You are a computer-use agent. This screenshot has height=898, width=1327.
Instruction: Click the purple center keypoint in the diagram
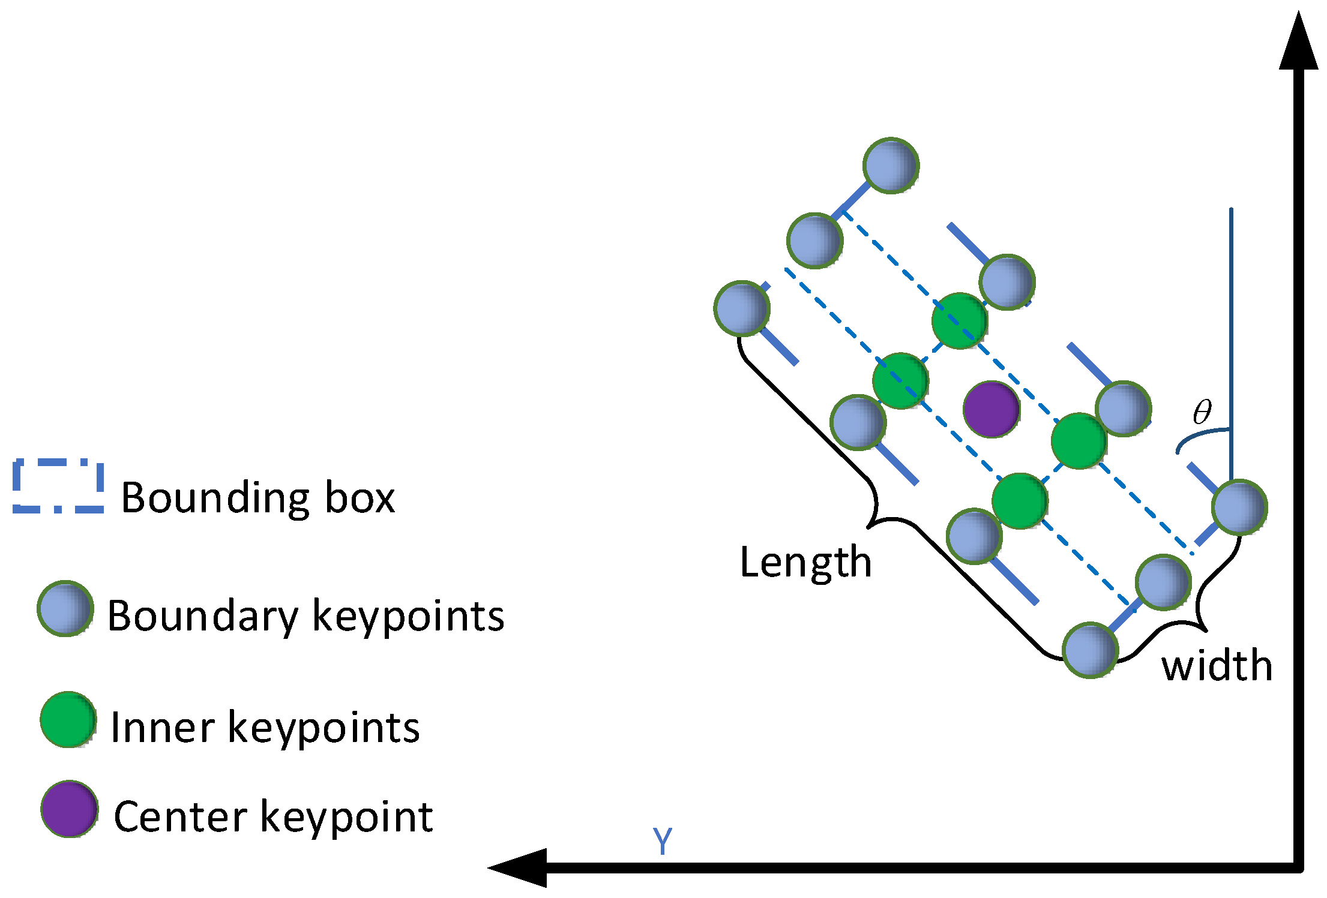click(x=991, y=409)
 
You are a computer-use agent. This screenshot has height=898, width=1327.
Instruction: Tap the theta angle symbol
click(x=1202, y=412)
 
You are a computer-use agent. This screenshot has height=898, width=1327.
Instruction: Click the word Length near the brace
click(x=805, y=563)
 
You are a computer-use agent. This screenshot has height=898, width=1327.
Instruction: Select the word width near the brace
click(x=1217, y=666)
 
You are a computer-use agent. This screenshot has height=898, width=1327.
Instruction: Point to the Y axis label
click(x=663, y=841)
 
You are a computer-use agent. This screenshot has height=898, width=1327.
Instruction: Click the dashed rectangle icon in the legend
click(x=58, y=486)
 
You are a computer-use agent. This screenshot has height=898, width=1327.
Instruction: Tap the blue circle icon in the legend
click(x=65, y=608)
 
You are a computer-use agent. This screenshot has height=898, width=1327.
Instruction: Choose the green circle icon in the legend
click(x=68, y=719)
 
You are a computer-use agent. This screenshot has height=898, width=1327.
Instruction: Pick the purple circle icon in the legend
click(x=70, y=809)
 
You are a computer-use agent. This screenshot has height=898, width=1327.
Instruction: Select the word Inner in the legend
click(x=161, y=728)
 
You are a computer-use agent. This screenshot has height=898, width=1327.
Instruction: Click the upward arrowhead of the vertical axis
click(x=1298, y=42)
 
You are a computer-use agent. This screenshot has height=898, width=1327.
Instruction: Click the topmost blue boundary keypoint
click(x=891, y=166)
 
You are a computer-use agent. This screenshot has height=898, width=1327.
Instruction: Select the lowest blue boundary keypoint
click(x=1090, y=650)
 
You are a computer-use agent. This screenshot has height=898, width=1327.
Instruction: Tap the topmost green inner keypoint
click(x=960, y=321)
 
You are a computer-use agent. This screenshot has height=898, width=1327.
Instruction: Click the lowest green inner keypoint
click(x=1020, y=501)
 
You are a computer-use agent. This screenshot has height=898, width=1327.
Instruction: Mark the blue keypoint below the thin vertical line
click(x=1239, y=507)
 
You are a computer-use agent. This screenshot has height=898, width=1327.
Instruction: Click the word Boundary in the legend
click(x=202, y=616)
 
